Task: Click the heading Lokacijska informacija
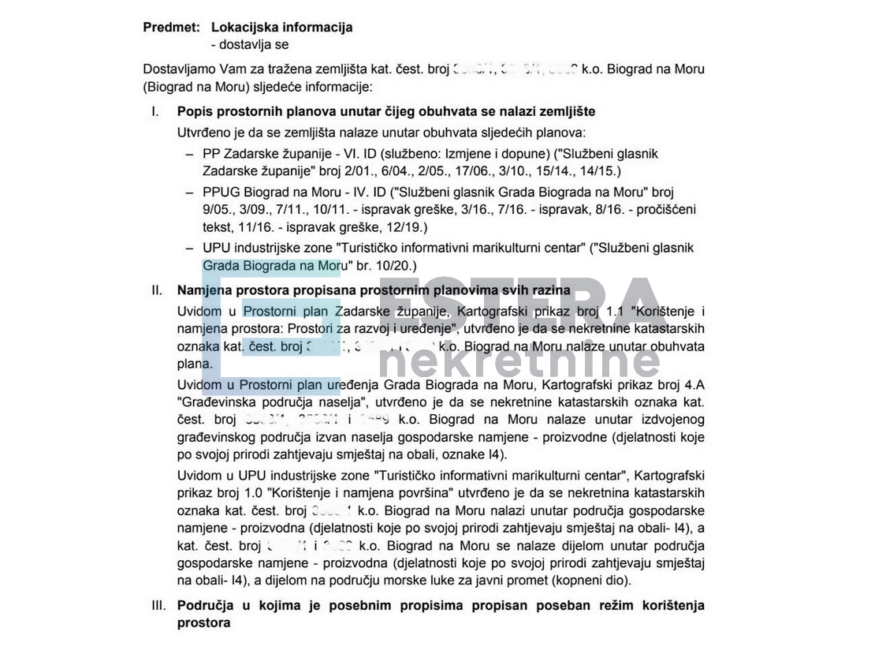point(281,28)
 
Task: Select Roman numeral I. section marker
point(155,112)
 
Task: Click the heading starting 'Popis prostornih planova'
point(385,112)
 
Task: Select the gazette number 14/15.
point(597,170)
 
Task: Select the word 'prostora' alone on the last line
point(204,623)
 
